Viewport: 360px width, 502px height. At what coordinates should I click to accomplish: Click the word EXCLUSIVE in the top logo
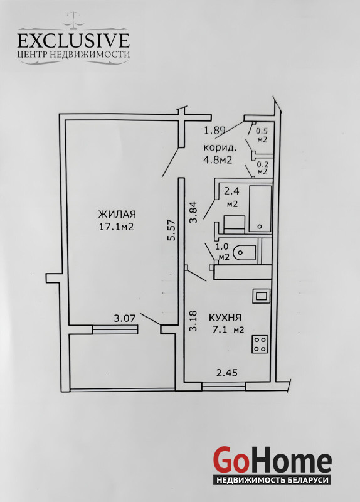tap(73, 41)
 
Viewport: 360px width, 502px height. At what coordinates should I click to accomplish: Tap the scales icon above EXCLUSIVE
tap(74, 21)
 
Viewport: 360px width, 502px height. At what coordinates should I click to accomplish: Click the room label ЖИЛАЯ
tap(117, 214)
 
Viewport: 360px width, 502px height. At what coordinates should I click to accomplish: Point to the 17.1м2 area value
tap(117, 227)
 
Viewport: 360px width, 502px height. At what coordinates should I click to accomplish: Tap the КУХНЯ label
tap(225, 318)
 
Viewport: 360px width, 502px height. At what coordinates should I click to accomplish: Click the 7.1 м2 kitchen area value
tap(228, 329)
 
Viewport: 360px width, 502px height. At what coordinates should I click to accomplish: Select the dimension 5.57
tap(172, 230)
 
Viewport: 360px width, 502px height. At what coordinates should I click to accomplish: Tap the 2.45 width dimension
tap(227, 373)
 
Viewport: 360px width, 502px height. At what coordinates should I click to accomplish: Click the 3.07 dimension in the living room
tap(125, 318)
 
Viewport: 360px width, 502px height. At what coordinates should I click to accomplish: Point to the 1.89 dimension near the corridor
tap(215, 131)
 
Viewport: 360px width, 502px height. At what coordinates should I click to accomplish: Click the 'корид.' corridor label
tap(220, 148)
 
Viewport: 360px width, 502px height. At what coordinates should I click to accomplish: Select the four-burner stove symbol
tap(260, 344)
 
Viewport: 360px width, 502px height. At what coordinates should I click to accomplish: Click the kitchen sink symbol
tap(261, 296)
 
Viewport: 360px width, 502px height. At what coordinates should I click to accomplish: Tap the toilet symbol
tap(244, 253)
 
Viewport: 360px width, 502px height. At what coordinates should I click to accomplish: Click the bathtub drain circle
tap(260, 227)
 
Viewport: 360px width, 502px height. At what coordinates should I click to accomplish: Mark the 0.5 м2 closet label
tap(262, 135)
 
